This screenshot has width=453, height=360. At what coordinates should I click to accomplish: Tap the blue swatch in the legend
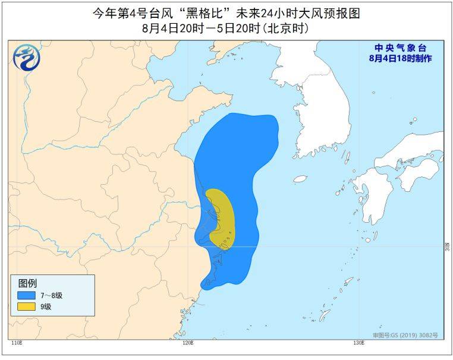pyautogui.click(x=26, y=295)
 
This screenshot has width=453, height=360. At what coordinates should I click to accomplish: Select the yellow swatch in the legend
pyautogui.click(x=26, y=307)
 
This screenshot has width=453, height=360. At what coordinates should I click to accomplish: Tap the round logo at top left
pyautogui.click(x=25, y=58)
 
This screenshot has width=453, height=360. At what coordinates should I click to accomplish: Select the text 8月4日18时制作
pyautogui.click(x=400, y=58)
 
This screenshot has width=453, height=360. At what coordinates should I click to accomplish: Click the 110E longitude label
pyautogui.click(x=18, y=343)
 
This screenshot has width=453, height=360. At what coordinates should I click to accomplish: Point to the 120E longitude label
pyautogui.click(x=188, y=343)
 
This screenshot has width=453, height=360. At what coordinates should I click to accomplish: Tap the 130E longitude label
pyautogui.click(x=358, y=343)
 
